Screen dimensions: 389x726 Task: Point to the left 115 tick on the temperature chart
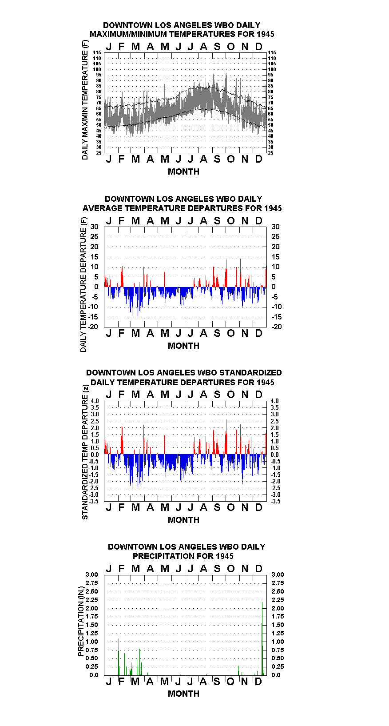click(x=97, y=52)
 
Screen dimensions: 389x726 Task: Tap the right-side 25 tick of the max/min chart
click(x=270, y=153)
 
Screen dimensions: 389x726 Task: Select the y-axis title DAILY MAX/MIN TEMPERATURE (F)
click(x=85, y=100)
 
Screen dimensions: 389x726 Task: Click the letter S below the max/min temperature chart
click(x=217, y=159)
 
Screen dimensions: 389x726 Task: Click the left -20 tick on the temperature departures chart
click(x=93, y=327)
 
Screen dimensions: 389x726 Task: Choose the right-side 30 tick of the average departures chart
click(x=275, y=227)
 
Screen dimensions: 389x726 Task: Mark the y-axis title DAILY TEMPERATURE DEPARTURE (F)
click(x=83, y=284)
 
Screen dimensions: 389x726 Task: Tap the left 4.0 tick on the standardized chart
click(x=95, y=401)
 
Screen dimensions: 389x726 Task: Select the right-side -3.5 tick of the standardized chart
click(x=276, y=501)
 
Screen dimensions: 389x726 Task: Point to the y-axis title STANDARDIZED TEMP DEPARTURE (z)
click(x=85, y=452)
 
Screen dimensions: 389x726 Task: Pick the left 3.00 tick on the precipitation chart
click(x=91, y=574)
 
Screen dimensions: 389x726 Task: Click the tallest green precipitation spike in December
click(x=262, y=638)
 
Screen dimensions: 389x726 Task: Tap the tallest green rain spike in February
click(x=119, y=657)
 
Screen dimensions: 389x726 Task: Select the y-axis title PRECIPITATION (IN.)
click(x=81, y=621)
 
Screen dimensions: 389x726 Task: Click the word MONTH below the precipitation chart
click(x=183, y=694)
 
